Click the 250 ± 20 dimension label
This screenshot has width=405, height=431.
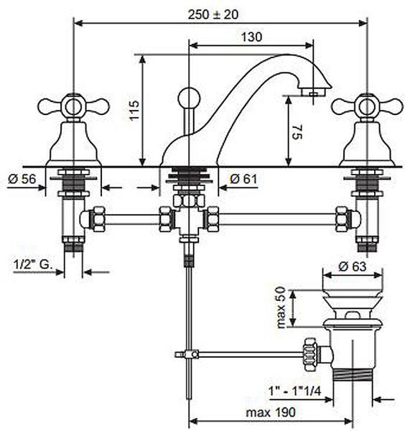(213, 14)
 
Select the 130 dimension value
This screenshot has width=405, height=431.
(251, 37)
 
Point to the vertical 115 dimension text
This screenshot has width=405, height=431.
(134, 110)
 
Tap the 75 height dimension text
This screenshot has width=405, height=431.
(297, 131)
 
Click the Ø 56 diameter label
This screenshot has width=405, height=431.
(22, 179)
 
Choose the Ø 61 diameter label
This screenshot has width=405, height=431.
(243, 179)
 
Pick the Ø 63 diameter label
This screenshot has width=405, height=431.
(353, 266)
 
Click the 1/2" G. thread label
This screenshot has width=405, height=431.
(32, 264)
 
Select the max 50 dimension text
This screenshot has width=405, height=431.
(281, 307)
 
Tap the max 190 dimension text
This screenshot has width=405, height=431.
(271, 412)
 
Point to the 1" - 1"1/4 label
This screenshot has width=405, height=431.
(295, 391)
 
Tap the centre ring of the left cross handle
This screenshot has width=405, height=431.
(73, 107)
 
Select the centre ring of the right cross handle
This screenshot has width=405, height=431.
(368, 107)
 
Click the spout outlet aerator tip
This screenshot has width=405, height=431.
(314, 92)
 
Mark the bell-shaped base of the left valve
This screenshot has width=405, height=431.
(73, 144)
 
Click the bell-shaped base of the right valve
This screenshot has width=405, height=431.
(368, 144)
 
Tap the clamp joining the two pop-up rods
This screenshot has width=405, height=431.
(189, 354)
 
